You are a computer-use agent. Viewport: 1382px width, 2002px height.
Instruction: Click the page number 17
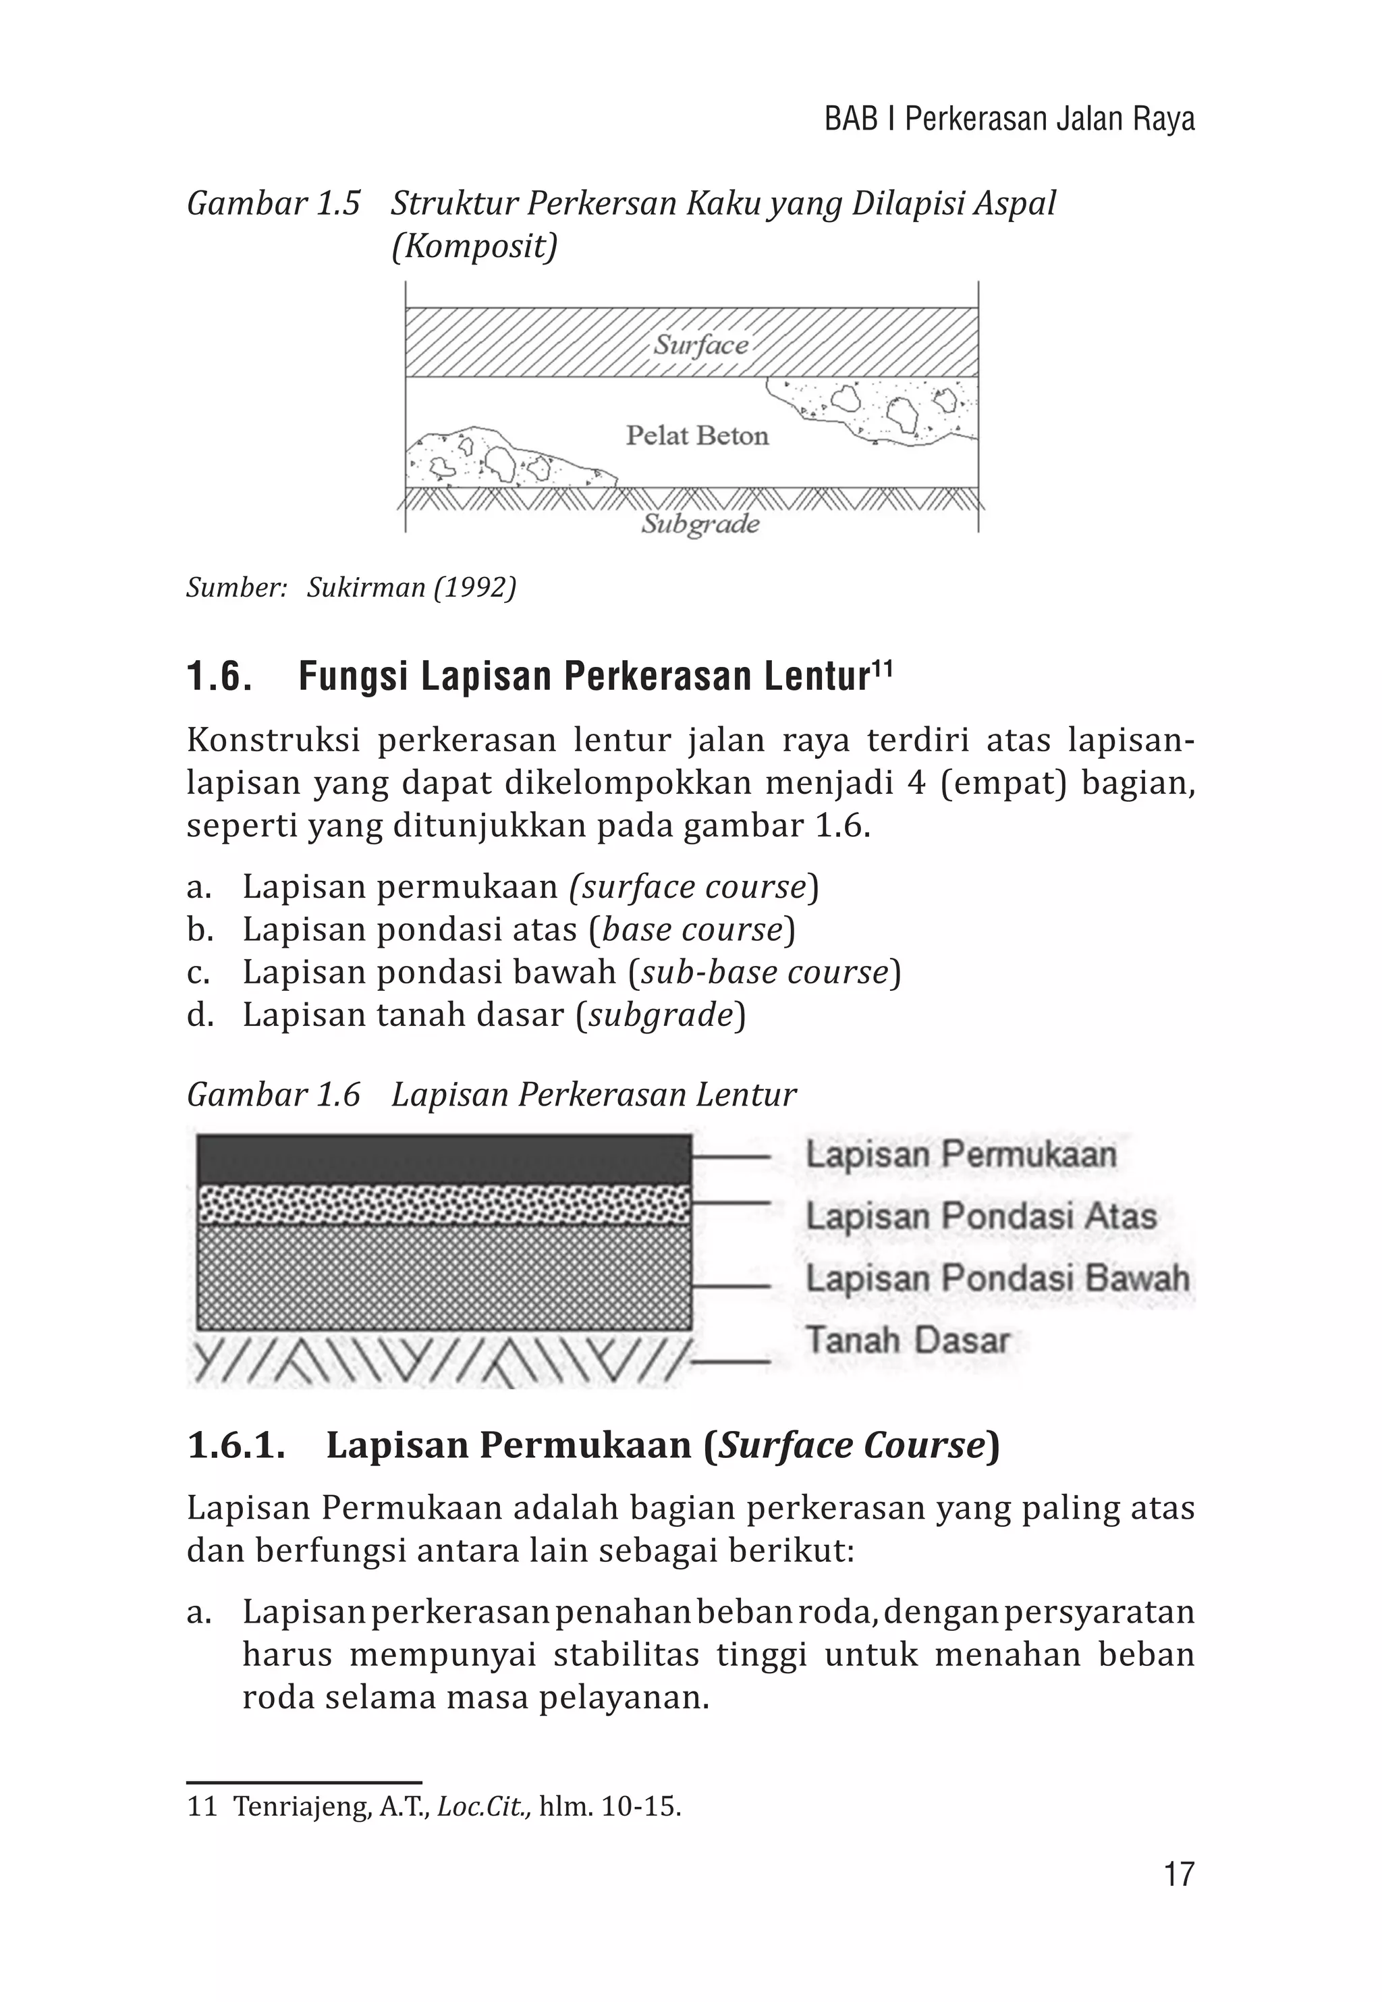coord(1178,1874)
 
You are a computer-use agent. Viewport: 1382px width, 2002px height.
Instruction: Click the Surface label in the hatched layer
coord(700,345)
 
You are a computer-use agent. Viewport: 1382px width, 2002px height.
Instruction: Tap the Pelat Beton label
coord(697,435)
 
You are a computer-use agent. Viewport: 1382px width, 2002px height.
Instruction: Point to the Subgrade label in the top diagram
coord(700,524)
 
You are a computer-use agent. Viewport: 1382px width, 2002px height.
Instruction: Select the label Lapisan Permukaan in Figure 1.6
coord(960,1154)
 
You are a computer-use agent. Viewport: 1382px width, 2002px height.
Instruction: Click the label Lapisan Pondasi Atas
coord(980,1216)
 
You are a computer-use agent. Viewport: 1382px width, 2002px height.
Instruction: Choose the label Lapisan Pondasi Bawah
coord(997,1278)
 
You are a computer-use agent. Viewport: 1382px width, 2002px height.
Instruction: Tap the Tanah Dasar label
coord(908,1340)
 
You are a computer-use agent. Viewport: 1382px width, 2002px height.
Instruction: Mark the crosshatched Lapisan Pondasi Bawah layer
coord(443,1276)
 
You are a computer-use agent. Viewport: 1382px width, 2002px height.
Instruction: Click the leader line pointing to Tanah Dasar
coord(731,1361)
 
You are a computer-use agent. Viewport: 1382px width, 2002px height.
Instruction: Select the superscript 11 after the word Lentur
coord(881,668)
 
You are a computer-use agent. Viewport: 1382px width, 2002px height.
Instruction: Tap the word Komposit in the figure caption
coord(474,247)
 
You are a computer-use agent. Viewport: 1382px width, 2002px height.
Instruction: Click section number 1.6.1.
coord(236,1445)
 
